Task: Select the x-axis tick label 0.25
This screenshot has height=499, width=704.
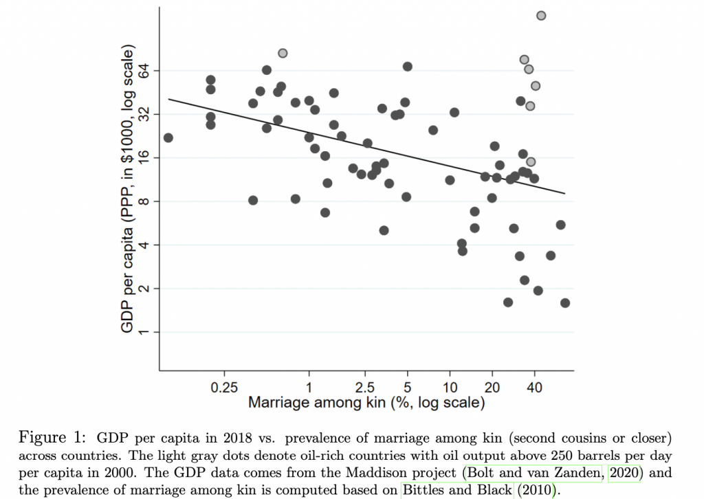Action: coord(225,387)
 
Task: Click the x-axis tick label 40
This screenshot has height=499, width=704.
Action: coord(534,387)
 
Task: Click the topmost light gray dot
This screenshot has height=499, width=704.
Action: coord(541,15)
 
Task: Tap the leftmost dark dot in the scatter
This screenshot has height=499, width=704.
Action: coord(168,137)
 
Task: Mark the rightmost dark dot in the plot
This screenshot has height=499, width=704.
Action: coord(565,303)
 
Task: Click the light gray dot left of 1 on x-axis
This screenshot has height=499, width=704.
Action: coord(283,53)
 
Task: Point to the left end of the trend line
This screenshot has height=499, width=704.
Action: coord(169,99)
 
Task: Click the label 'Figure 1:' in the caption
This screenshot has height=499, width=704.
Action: coord(57,438)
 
